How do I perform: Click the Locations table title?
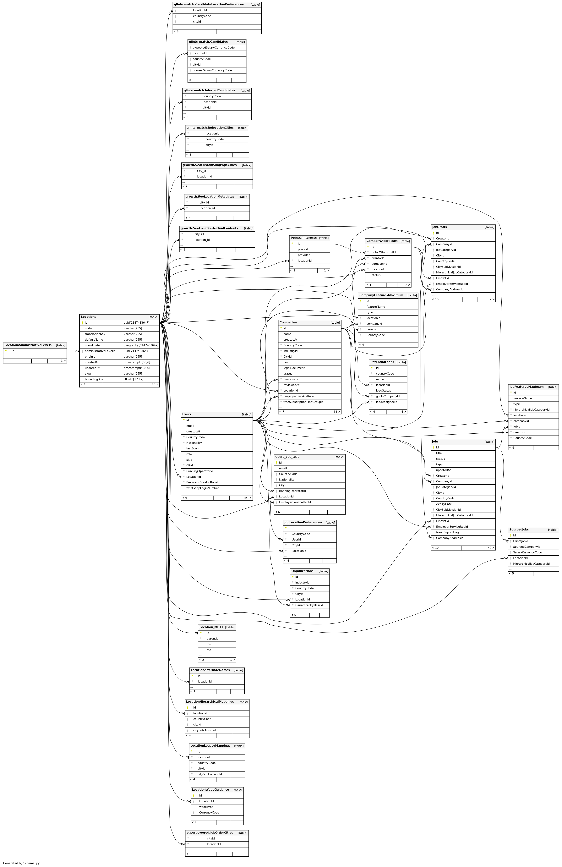89,317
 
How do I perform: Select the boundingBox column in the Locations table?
94,379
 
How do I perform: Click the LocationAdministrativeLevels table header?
28,345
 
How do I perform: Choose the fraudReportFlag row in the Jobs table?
447,532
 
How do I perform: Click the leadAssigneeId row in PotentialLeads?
386,402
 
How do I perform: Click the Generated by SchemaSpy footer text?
21,863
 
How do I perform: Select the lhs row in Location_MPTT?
209,644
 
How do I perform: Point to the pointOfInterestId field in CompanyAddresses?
384,252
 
